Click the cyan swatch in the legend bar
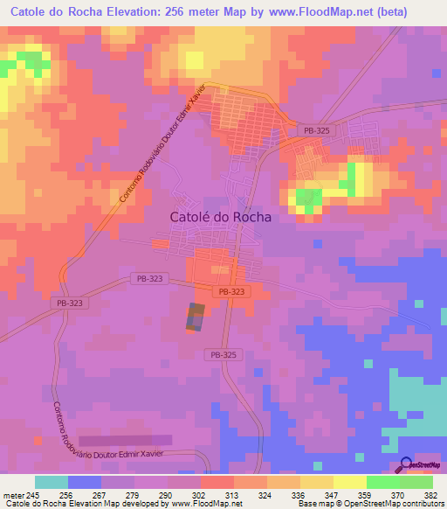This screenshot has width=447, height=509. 52,482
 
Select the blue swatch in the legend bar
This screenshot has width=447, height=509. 85,482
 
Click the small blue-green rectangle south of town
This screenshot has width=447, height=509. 196,317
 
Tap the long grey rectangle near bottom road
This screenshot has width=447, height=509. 126,441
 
